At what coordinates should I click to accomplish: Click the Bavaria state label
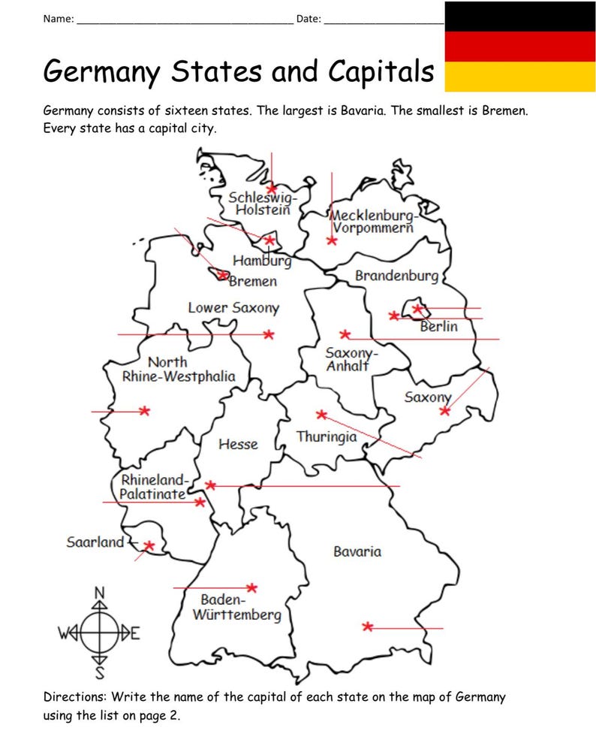point(357,551)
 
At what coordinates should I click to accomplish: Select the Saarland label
point(95,542)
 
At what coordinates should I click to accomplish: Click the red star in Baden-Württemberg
point(252,587)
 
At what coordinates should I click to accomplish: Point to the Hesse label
point(238,444)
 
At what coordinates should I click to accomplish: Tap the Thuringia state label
point(327,436)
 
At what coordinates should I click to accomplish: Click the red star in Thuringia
point(321,414)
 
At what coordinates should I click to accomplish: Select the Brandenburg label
point(396,276)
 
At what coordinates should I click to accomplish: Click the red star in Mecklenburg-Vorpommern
point(332,240)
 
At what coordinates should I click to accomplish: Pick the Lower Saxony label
point(233,307)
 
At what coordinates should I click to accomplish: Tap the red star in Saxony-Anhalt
point(345,334)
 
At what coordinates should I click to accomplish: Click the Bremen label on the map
point(253,282)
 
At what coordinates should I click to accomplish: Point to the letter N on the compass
point(99,593)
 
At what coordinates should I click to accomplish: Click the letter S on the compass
point(99,671)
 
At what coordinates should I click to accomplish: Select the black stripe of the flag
point(520,16)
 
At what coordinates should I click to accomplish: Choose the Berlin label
point(438,327)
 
